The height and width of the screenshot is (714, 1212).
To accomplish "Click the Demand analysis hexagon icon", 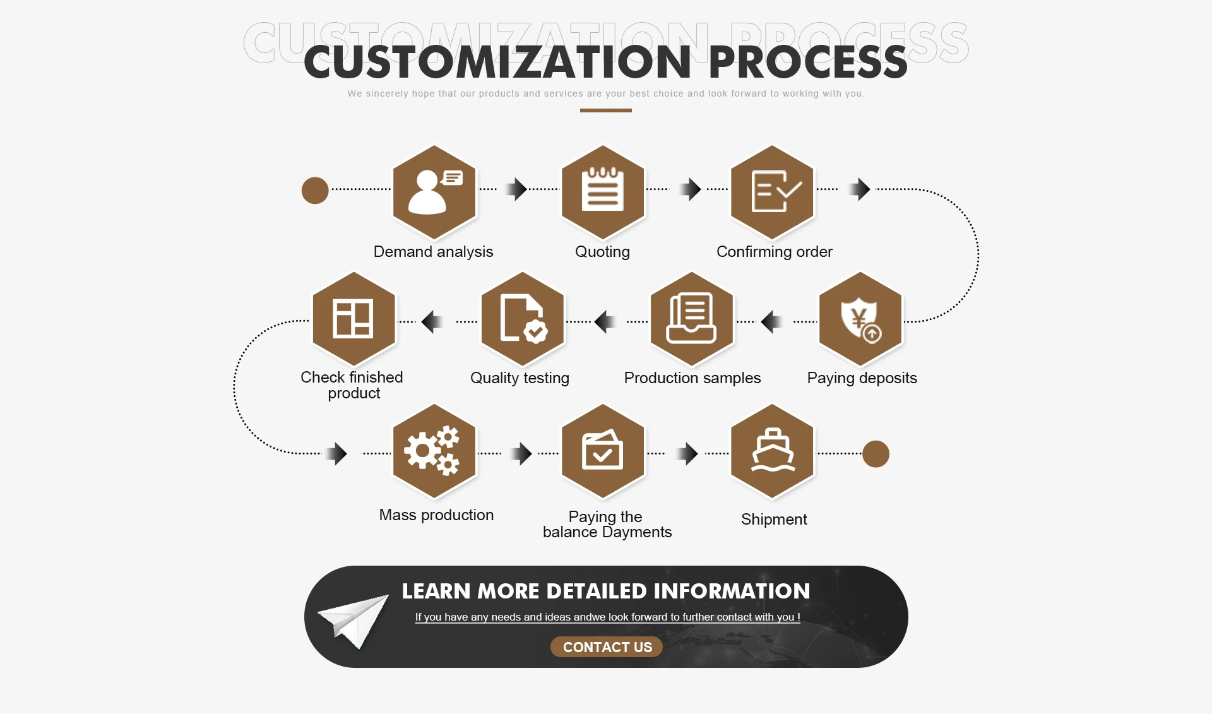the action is click(x=434, y=192).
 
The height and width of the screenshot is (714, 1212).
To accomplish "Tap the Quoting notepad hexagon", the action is click(x=603, y=192).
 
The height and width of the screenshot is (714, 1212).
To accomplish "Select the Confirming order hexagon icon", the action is click(x=772, y=192).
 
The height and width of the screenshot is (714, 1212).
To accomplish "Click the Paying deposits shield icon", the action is click(x=860, y=319).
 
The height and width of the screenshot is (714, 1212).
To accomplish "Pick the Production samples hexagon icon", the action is click(x=692, y=319).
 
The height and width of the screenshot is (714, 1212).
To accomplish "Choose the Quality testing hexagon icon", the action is click(x=523, y=319).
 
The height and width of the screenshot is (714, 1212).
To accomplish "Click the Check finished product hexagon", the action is click(x=354, y=319).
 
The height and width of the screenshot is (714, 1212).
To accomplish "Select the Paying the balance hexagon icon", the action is click(x=603, y=451).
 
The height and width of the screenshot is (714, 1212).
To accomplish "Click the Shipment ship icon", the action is click(x=772, y=451).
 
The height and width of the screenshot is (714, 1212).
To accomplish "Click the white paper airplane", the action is click(x=353, y=621).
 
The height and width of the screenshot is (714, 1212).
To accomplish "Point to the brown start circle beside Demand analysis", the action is click(x=315, y=190).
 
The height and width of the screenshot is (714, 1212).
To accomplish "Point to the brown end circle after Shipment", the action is click(x=876, y=454).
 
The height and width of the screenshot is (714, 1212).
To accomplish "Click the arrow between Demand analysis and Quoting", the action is click(x=518, y=189).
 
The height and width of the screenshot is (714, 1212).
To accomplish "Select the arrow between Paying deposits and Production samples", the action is click(x=771, y=322).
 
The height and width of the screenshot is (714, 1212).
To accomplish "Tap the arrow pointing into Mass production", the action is click(x=336, y=453).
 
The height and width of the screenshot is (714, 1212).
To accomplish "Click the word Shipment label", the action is click(x=774, y=520).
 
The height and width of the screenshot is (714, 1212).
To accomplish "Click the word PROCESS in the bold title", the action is click(x=809, y=62).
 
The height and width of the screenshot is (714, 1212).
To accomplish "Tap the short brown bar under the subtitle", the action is click(x=606, y=110).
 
